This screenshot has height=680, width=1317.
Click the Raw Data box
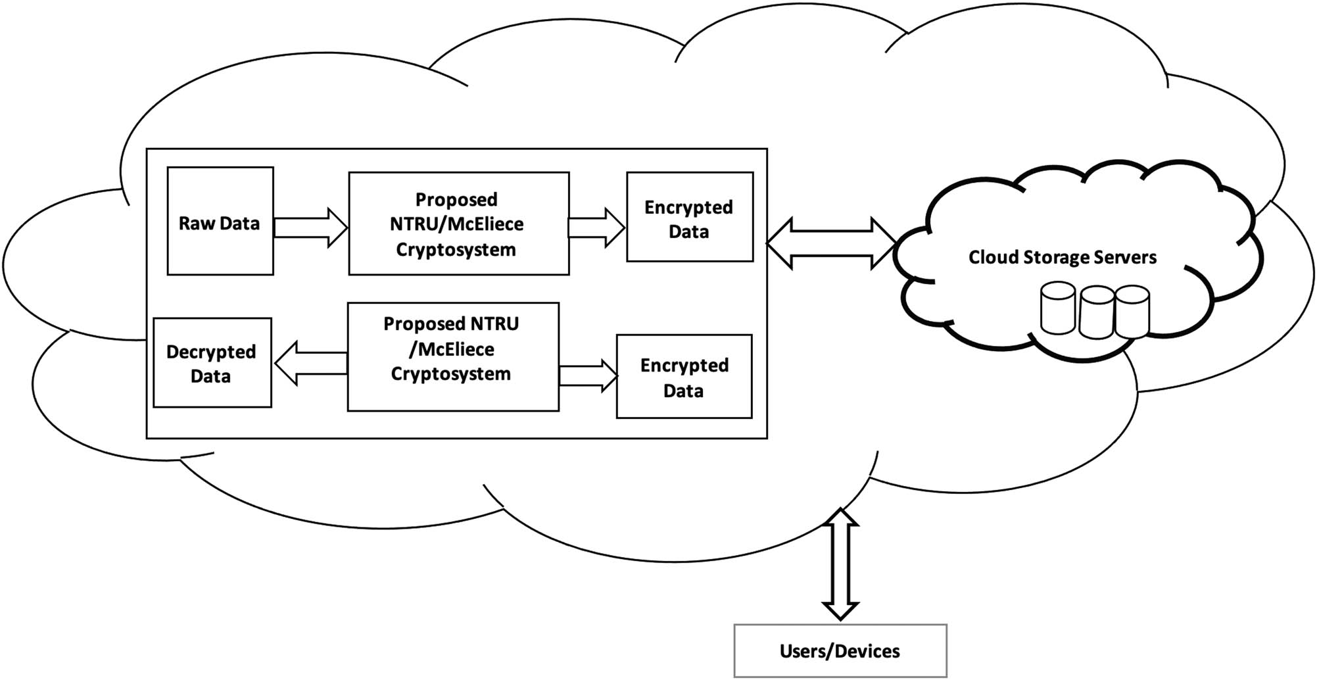click(x=220, y=220)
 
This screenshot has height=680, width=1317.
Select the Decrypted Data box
click(x=212, y=363)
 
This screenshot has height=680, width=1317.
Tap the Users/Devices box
click(x=840, y=650)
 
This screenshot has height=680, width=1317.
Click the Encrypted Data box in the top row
click(x=689, y=217)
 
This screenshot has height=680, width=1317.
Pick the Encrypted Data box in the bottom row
click(x=684, y=376)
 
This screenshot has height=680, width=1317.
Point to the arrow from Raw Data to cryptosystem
click(x=310, y=228)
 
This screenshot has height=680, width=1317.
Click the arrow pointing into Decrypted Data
click(x=310, y=362)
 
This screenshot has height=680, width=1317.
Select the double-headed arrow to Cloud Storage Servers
click(x=831, y=243)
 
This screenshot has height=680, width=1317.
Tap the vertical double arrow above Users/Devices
click(x=840, y=564)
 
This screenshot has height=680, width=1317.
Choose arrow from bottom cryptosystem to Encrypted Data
click(x=588, y=376)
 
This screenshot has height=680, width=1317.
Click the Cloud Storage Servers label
click(x=1062, y=257)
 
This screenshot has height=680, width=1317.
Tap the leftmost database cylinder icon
click(x=1058, y=308)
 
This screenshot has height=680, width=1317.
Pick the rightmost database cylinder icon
click(x=1132, y=311)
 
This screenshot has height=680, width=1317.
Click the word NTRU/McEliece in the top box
click(x=456, y=224)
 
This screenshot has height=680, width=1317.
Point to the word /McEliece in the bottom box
click(x=451, y=349)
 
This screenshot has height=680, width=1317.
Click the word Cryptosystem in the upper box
click(x=456, y=250)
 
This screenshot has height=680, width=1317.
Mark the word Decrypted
click(x=211, y=352)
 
